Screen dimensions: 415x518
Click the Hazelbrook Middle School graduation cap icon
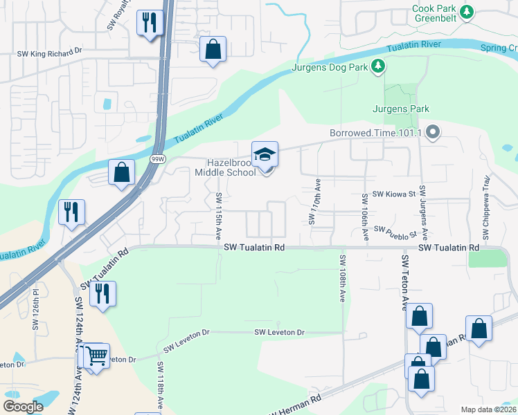tap(265, 154)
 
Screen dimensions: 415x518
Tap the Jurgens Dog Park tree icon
tap(378, 66)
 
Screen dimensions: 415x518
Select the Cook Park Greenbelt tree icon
tap(467, 12)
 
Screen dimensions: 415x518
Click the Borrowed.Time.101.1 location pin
tap(433, 131)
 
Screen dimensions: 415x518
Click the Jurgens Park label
tap(401, 109)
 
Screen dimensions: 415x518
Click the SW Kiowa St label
tap(393, 196)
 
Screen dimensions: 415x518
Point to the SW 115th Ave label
tap(218, 216)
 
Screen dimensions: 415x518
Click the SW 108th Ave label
tap(343, 279)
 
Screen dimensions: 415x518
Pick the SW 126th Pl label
tap(35, 319)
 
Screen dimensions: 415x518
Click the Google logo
tap(23, 407)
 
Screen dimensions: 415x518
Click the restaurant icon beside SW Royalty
tap(150, 22)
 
